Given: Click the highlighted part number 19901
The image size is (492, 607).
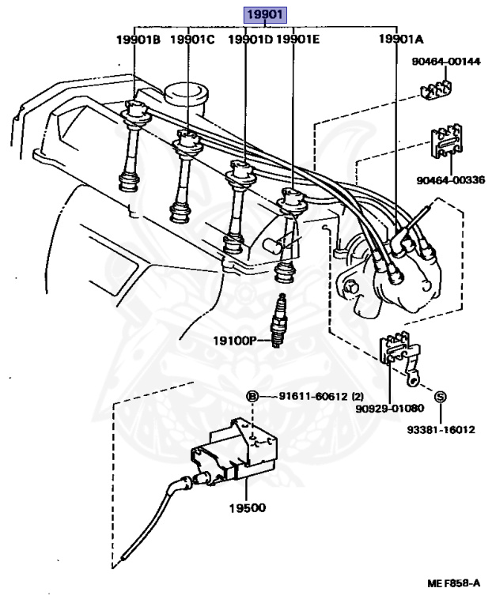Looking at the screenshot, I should [x=265, y=13].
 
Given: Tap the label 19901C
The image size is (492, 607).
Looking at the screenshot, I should [x=191, y=39].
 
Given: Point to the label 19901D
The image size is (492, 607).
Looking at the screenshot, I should [x=249, y=39].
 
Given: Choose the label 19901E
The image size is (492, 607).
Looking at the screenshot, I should [x=298, y=39].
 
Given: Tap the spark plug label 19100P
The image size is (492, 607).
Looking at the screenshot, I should [x=236, y=341].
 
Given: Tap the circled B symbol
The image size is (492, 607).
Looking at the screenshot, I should [x=252, y=395].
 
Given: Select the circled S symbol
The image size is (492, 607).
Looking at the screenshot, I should [x=441, y=395].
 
